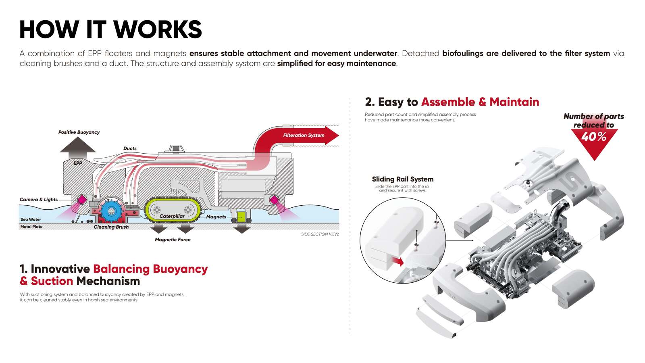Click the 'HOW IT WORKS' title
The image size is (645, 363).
pos(110,29)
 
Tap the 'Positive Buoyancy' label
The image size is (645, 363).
pos(79,132)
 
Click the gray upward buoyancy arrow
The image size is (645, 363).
pos(78,148)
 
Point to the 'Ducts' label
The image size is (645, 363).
pos(130,148)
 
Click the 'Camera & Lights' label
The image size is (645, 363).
pos(39,200)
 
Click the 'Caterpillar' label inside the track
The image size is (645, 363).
pos(172,216)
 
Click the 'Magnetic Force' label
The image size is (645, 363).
pos(173,240)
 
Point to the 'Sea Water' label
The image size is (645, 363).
pos(31,220)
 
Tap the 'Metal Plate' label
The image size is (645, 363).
pos(31,227)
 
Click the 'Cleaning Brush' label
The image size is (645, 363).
pos(111,227)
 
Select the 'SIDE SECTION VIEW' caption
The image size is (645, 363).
pos(320,234)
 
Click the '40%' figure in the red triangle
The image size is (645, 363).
pos(594,137)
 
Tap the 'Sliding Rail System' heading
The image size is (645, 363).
pos(403,179)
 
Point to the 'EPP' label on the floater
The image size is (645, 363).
pos(78,163)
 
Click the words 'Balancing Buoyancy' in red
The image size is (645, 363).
pos(150,269)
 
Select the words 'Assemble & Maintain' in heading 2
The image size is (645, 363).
pos(480,102)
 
